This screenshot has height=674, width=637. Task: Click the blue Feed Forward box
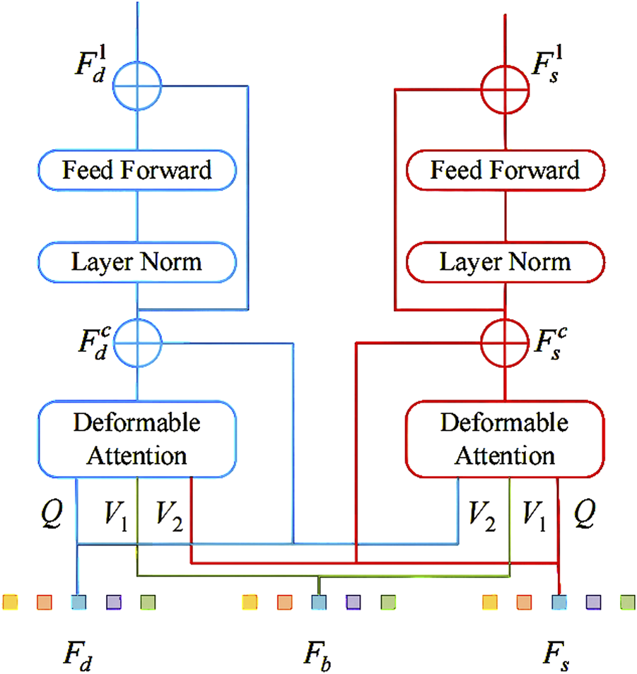click(136, 170)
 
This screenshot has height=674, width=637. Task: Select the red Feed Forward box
click(505, 170)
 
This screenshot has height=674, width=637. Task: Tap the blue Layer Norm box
click(136, 262)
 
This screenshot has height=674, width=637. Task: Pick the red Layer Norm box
click(505, 262)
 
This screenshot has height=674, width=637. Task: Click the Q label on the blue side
click(53, 516)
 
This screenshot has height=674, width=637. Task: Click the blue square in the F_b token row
click(318, 602)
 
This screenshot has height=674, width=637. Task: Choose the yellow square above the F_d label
click(10, 602)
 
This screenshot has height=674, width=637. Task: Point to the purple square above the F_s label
click(593, 602)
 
